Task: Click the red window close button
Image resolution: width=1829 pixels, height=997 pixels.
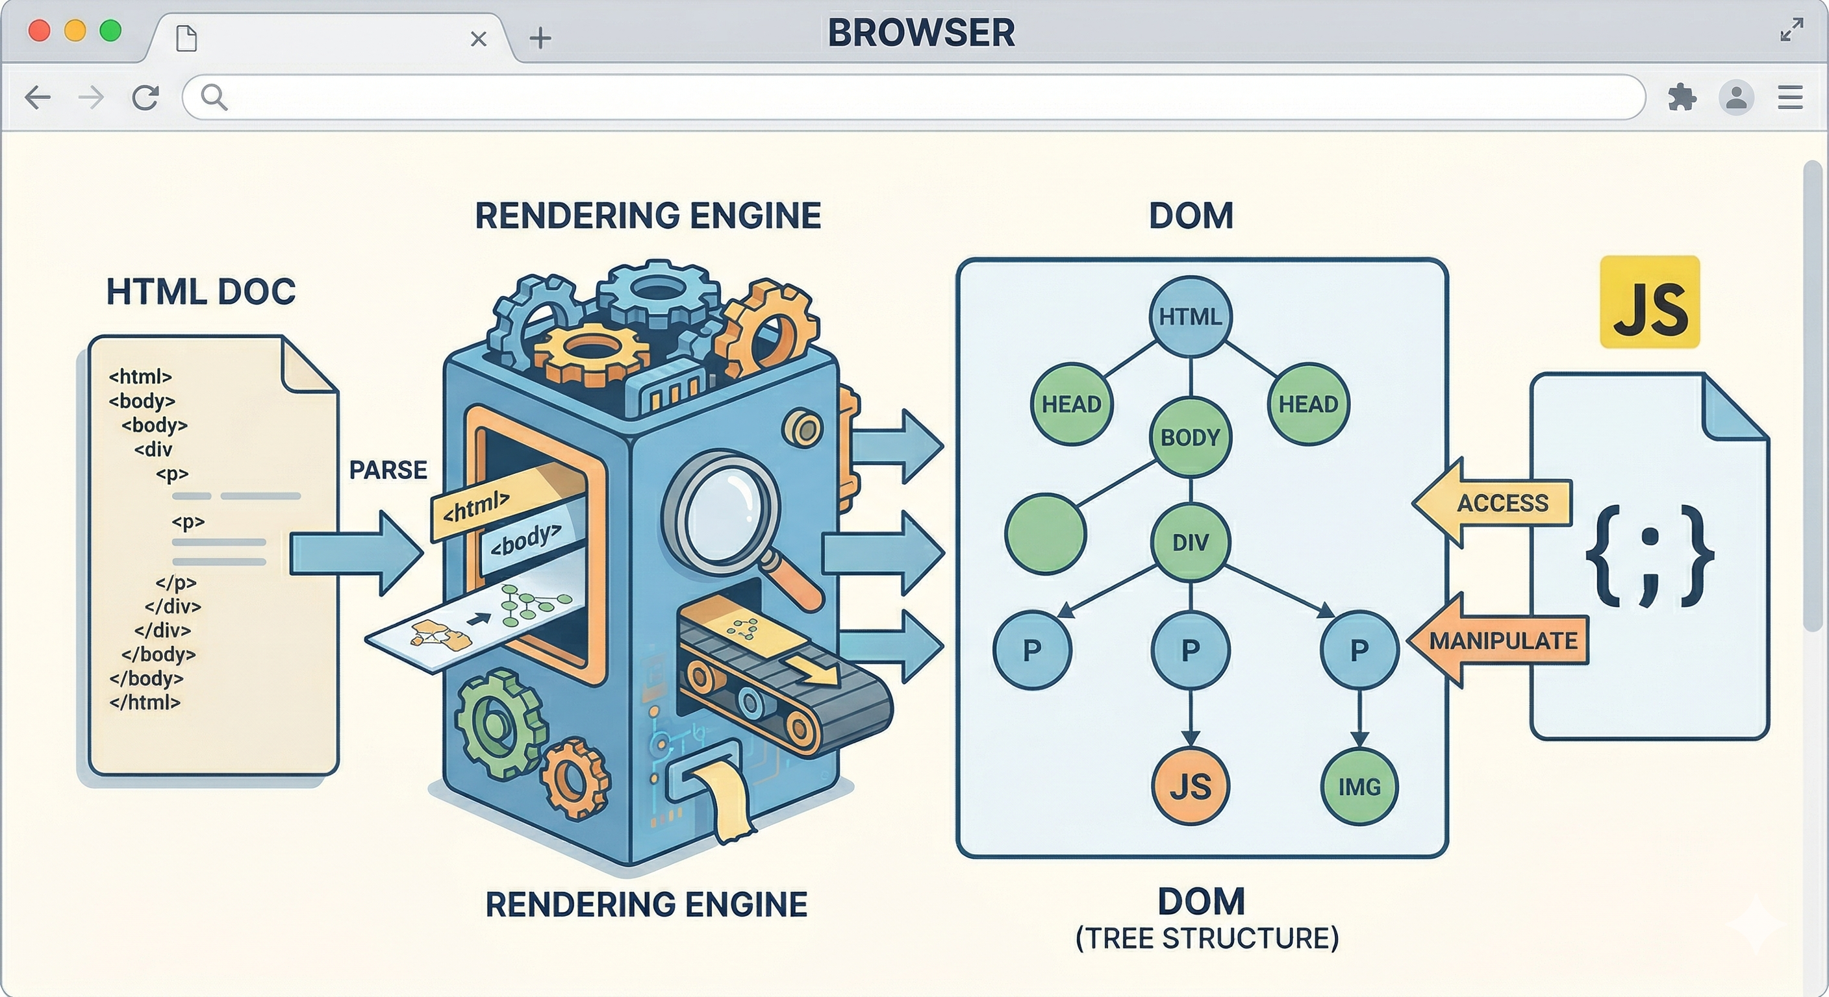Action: [39, 31]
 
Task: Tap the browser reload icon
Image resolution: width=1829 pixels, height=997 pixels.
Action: [145, 97]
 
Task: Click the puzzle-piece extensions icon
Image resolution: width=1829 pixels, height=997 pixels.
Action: [1682, 97]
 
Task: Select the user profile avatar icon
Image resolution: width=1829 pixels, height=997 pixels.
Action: [1736, 97]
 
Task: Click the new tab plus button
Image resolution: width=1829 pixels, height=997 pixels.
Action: [540, 38]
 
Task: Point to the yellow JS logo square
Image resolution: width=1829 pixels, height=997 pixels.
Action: [1649, 302]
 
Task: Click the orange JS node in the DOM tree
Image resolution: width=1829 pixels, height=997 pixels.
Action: [1190, 786]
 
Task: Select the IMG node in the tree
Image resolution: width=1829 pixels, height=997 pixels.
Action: [1359, 786]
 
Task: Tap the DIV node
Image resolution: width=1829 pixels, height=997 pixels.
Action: [1190, 542]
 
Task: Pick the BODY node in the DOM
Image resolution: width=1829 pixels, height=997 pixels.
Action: [1190, 437]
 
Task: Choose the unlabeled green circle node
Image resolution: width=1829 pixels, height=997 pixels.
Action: [1045, 533]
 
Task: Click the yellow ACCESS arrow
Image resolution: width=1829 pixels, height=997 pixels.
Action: [1494, 503]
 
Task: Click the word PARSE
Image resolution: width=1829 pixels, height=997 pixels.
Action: [388, 470]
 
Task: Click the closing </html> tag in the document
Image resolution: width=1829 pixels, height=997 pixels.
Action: [145, 702]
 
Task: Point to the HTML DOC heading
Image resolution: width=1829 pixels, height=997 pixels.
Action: [201, 291]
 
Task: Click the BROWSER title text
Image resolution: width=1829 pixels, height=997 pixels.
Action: [921, 32]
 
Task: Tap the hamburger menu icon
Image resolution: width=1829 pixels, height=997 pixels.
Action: [1790, 97]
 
